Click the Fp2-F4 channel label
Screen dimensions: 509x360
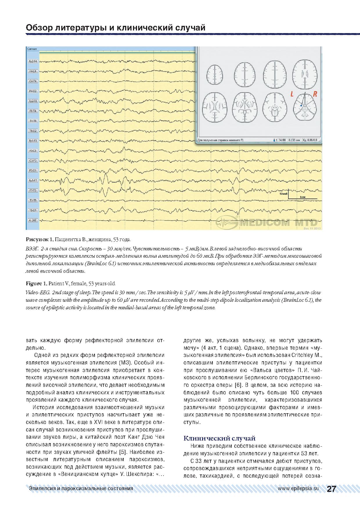[x=32, y=62]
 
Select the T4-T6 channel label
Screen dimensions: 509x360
[x=32, y=121]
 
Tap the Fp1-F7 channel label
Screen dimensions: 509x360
[x=32, y=181]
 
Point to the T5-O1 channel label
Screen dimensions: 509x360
[x=32, y=210]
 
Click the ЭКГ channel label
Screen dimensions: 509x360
[x=32, y=220]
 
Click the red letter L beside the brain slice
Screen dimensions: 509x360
[x=293, y=94]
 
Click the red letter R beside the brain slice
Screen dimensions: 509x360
[x=315, y=94]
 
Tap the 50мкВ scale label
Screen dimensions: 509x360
[x=283, y=193]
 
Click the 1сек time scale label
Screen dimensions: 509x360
[x=303, y=197]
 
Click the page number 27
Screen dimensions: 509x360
[x=331, y=489]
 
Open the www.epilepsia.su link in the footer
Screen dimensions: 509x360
[x=298, y=488]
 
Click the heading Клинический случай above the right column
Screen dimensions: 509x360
[x=220, y=438]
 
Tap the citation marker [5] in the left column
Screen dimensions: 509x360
[x=123, y=452]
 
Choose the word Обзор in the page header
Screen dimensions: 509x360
[x=38, y=28]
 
